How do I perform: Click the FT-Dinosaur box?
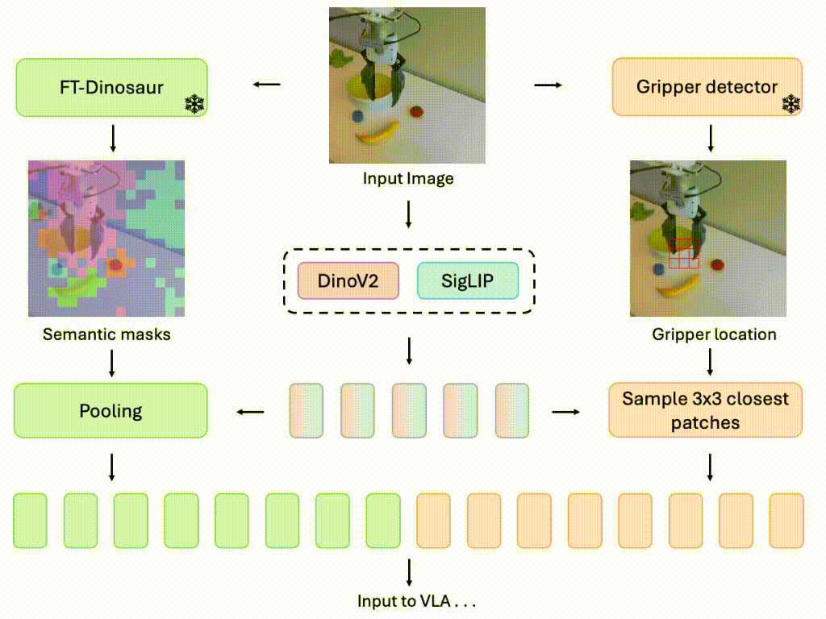pyautogui.click(x=111, y=86)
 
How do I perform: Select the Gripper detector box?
pyautogui.click(x=707, y=86)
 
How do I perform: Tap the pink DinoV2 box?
pyautogui.click(x=348, y=281)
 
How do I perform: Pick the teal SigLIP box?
pyautogui.click(x=467, y=281)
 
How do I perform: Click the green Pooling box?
pyautogui.click(x=111, y=411)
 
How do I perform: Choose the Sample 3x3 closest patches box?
pyautogui.click(x=706, y=410)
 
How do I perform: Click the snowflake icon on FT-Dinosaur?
pyautogui.click(x=194, y=104)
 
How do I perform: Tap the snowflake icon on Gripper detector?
pyautogui.click(x=791, y=104)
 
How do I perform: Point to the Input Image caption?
pyautogui.click(x=408, y=178)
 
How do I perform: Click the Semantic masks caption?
pyautogui.click(x=107, y=334)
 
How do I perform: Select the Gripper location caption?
pyautogui.click(x=714, y=334)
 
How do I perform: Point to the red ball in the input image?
pyautogui.click(x=416, y=111)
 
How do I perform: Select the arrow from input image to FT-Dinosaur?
pyautogui.click(x=267, y=85)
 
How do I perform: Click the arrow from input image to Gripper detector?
pyautogui.click(x=549, y=85)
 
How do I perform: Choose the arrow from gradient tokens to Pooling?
pyautogui.click(x=250, y=412)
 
